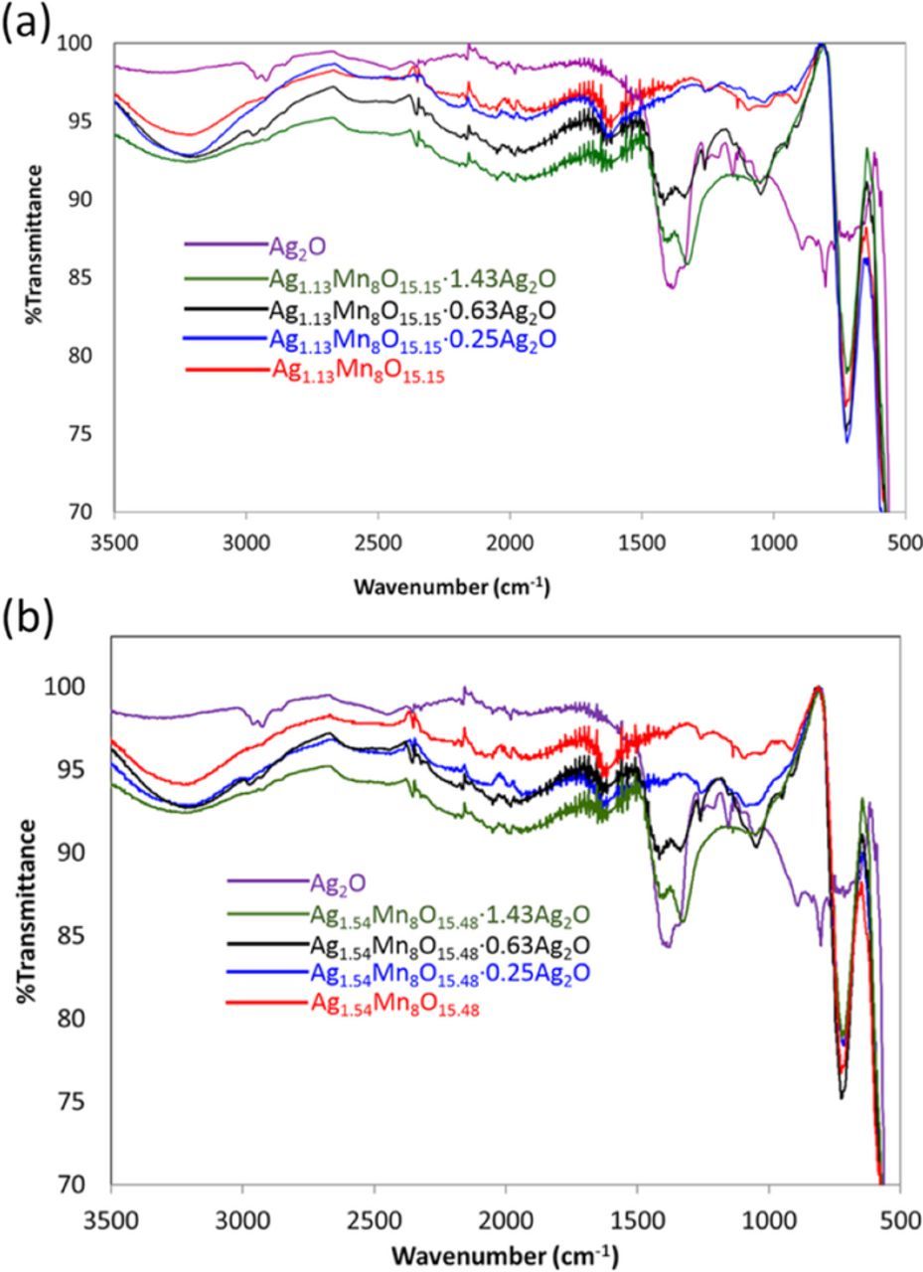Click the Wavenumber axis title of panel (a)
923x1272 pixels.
[451, 586]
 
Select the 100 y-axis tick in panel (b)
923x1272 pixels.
[77, 688]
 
